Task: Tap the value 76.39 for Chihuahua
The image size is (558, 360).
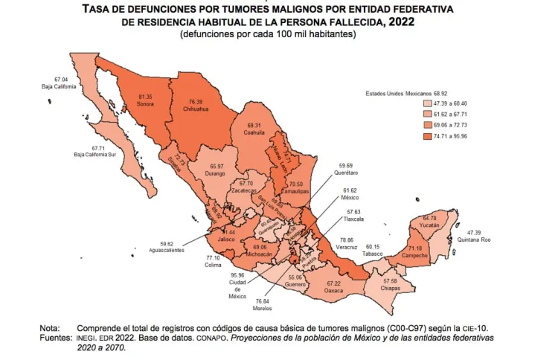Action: point(196,101)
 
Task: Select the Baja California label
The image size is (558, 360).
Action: point(60,86)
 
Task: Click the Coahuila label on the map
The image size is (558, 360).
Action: point(254,135)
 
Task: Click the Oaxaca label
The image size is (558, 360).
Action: point(335,292)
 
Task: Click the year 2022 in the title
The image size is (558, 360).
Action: point(400,22)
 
